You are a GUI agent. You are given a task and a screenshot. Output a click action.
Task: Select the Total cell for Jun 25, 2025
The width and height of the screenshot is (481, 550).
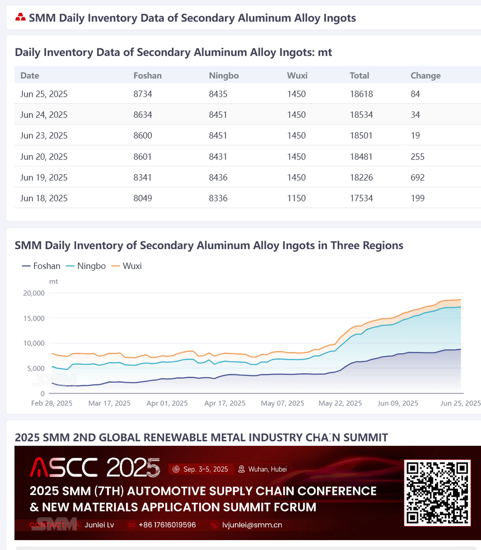point(361,94)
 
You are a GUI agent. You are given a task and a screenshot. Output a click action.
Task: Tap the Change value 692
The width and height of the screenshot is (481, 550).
point(418,177)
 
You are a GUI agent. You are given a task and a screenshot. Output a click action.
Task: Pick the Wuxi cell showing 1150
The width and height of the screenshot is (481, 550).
point(296,198)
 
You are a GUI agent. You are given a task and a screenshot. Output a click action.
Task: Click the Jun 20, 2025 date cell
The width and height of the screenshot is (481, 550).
point(44,157)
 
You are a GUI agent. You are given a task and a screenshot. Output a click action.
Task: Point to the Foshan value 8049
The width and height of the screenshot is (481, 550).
point(143,198)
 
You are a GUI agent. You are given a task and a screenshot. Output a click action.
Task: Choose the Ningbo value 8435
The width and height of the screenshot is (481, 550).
point(218,94)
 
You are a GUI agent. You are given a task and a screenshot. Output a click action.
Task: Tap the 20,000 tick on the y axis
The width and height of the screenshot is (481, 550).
point(33,293)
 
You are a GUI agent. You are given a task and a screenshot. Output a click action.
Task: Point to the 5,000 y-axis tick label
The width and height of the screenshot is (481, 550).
point(35,368)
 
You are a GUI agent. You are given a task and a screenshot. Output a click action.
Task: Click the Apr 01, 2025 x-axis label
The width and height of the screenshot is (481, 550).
point(167,403)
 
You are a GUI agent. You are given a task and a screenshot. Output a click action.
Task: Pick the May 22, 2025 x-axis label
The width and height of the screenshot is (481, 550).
point(340,403)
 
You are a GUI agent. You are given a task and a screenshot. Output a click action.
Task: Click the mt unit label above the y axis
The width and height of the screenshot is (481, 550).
point(54,282)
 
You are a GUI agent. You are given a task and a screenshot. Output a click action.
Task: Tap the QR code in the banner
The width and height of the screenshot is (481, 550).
point(437,493)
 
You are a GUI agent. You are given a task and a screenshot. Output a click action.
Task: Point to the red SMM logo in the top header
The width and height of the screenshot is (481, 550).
point(20,18)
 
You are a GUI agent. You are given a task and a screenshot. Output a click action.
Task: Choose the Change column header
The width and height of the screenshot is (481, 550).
point(426,76)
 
